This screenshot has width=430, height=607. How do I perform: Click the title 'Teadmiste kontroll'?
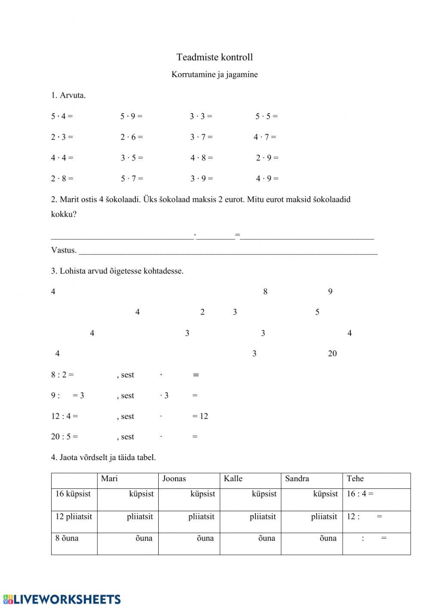pyautogui.click(x=215, y=57)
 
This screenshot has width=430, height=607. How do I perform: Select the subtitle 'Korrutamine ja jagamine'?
pyautogui.click(x=215, y=74)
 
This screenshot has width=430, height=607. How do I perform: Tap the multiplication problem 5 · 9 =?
pyautogui.click(x=131, y=116)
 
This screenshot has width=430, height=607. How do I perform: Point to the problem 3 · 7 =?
pyautogui.click(x=201, y=137)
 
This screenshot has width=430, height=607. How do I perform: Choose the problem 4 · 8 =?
pyautogui.click(x=201, y=158)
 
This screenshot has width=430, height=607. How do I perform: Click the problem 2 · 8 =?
pyautogui.click(x=62, y=178)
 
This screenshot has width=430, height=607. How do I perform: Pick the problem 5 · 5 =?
pyautogui.click(x=266, y=116)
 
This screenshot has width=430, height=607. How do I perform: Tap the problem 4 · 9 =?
pyautogui.click(x=267, y=178)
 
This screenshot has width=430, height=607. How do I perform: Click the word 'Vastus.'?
pyautogui.click(x=64, y=250)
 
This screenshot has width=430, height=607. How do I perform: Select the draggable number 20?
pyautogui.click(x=332, y=354)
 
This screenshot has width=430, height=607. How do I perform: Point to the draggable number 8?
pyautogui.click(x=265, y=292)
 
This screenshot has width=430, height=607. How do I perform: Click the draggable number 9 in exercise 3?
pyautogui.click(x=330, y=292)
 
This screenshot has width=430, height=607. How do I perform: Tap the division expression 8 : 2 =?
pyautogui.click(x=62, y=375)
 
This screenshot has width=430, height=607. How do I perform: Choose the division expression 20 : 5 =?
pyautogui.click(x=64, y=436)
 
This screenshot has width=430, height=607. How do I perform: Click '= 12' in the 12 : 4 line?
pyautogui.click(x=200, y=416)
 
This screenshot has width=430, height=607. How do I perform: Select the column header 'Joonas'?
pyautogui.click(x=174, y=479)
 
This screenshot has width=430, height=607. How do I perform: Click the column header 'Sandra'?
pyautogui.click(x=297, y=479)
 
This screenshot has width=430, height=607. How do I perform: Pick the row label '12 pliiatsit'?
pyautogui.click(x=74, y=516)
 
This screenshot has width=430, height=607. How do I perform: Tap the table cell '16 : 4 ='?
pyautogui.click(x=360, y=494)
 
